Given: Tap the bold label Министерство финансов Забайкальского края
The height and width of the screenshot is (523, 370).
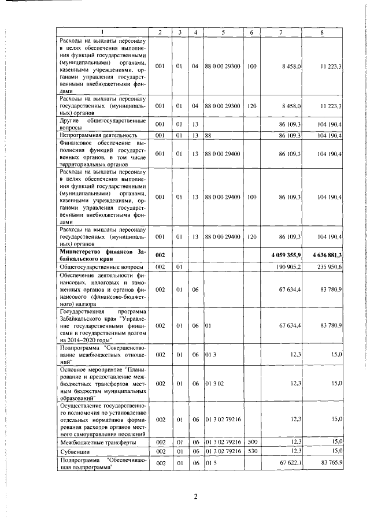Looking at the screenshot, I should click(x=102, y=255).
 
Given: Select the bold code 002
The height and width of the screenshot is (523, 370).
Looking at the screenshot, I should click(x=160, y=255).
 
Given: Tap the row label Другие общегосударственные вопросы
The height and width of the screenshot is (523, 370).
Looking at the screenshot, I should click(x=102, y=124).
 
